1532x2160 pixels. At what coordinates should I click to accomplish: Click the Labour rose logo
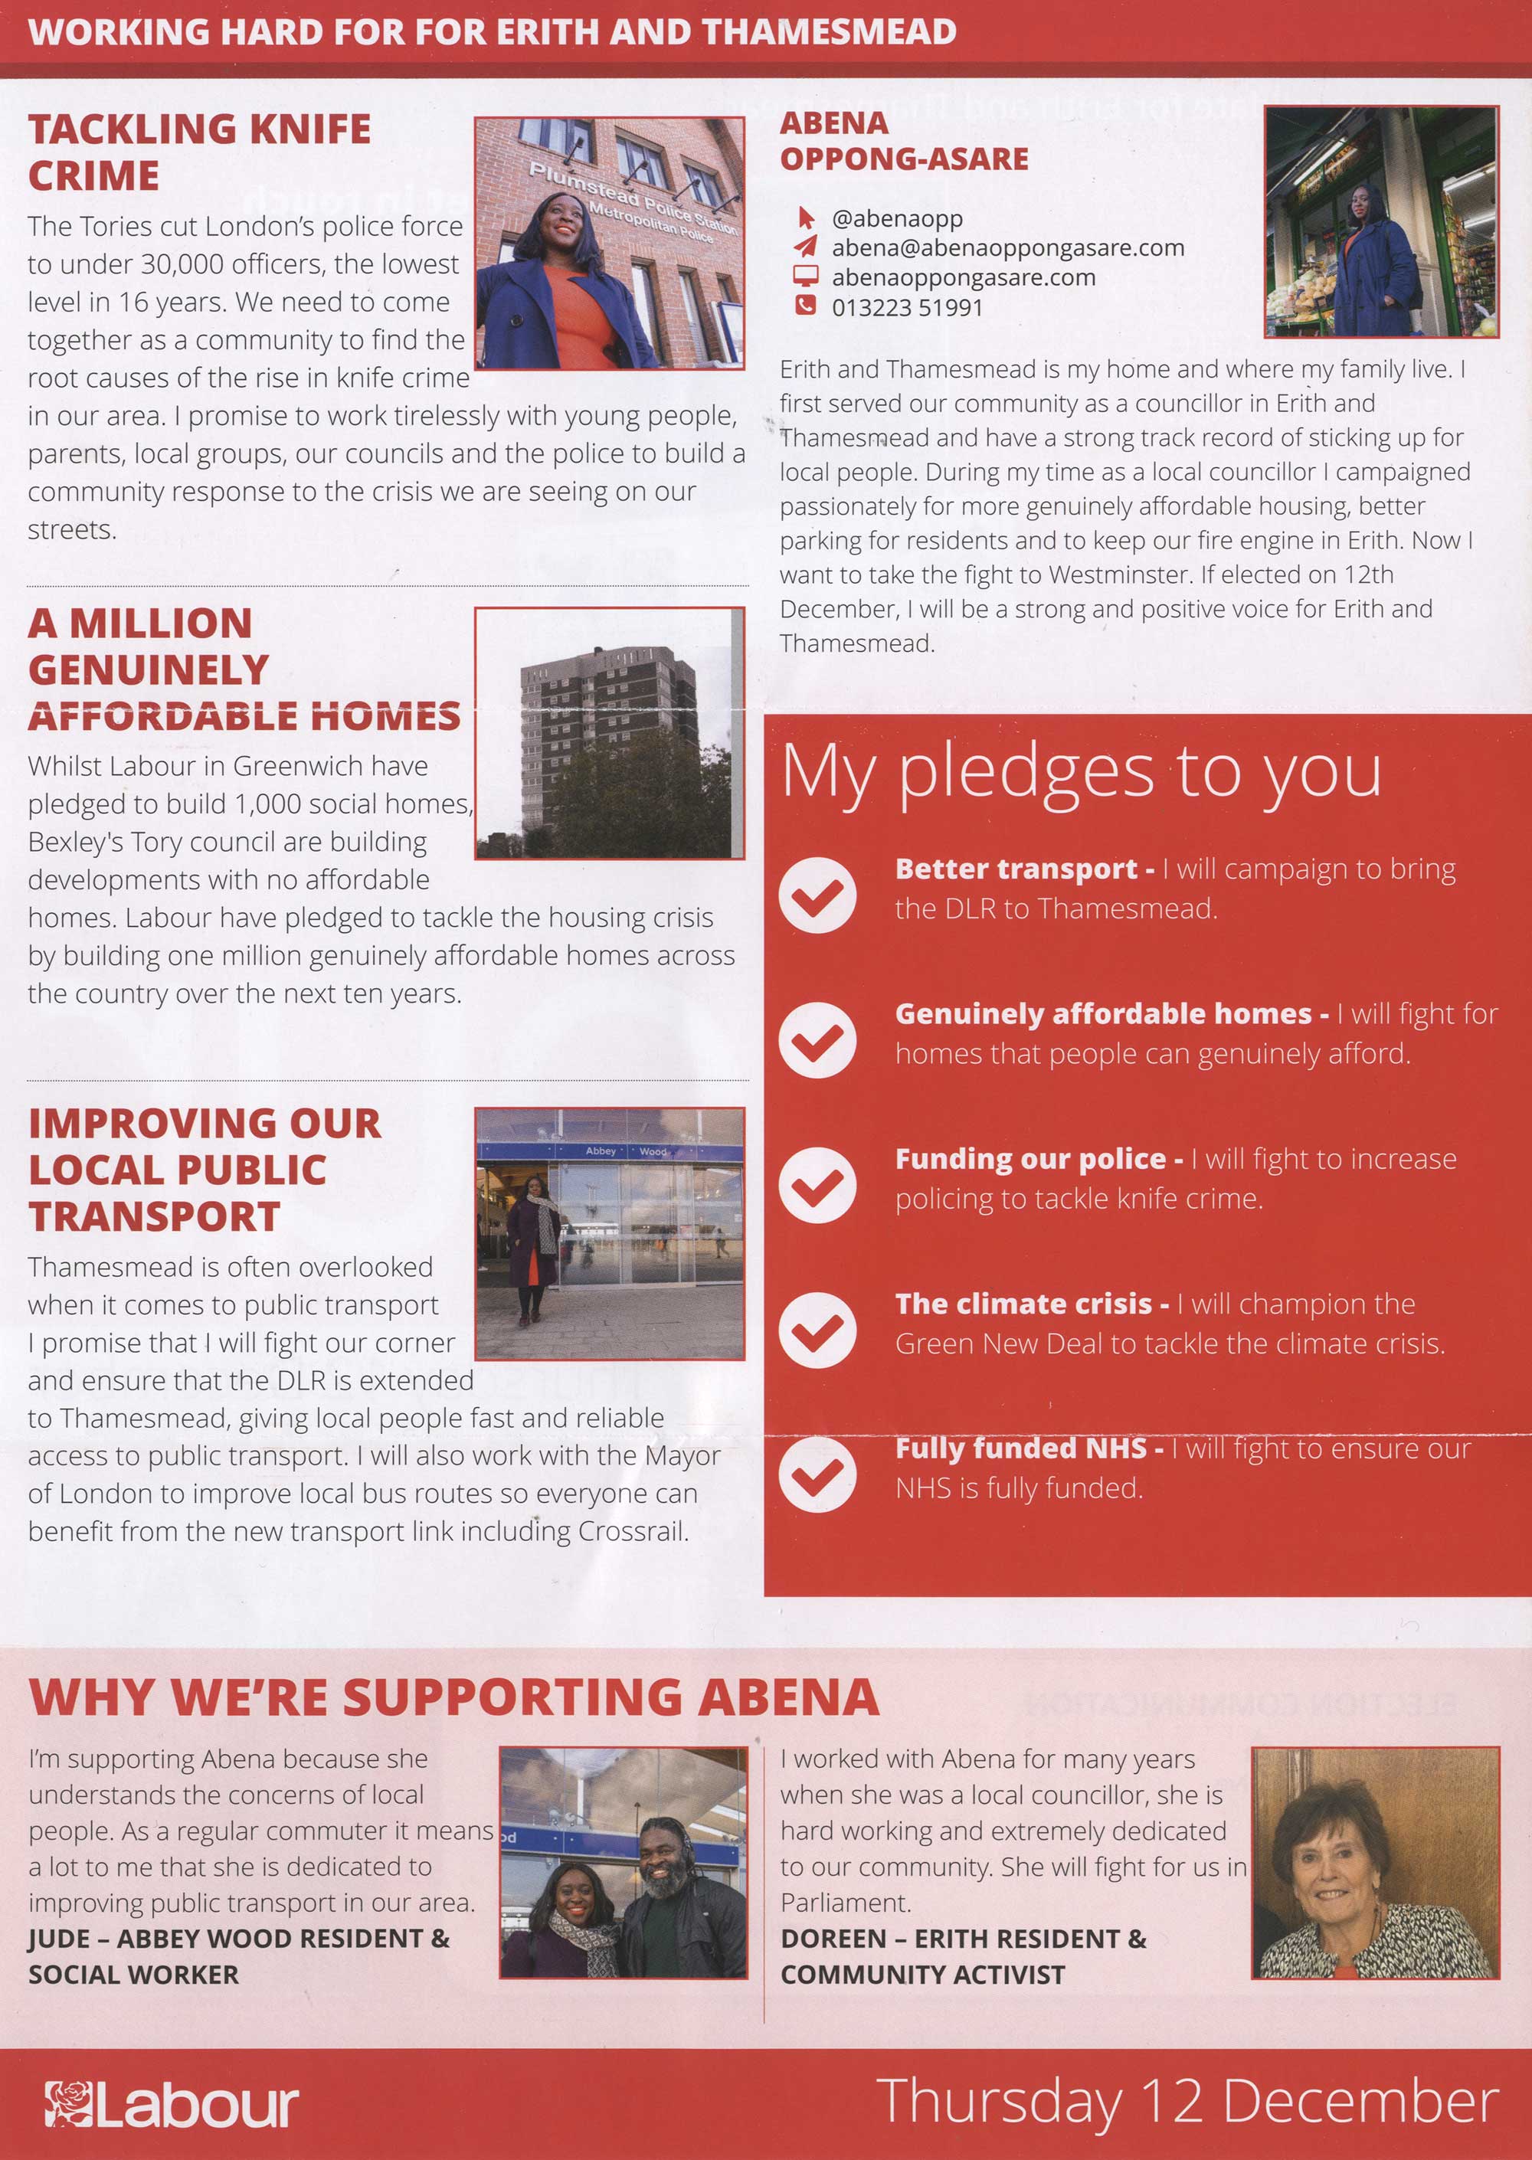[x=68, y=2103]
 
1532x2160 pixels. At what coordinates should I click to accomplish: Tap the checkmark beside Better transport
[x=818, y=895]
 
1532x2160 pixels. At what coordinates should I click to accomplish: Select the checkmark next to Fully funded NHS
[x=818, y=1474]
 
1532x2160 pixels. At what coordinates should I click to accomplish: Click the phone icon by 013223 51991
[x=804, y=306]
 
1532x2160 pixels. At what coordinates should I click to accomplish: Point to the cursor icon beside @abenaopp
[x=804, y=218]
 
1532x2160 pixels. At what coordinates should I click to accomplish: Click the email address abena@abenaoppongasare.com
[x=1007, y=248]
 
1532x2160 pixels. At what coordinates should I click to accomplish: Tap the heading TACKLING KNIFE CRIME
[x=199, y=152]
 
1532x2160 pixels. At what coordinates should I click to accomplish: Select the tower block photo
[x=610, y=733]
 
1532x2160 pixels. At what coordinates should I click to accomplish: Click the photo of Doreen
[x=1374, y=1862]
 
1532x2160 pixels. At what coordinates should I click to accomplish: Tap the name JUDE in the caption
[x=58, y=1939]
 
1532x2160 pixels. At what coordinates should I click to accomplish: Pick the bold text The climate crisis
[x=1023, y=1304]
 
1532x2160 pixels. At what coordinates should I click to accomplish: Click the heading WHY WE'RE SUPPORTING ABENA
[x=453, y=1698]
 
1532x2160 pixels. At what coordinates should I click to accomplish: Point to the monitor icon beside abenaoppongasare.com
[x=804, y=277]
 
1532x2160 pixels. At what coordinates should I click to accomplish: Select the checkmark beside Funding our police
[x=818, y=1185]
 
